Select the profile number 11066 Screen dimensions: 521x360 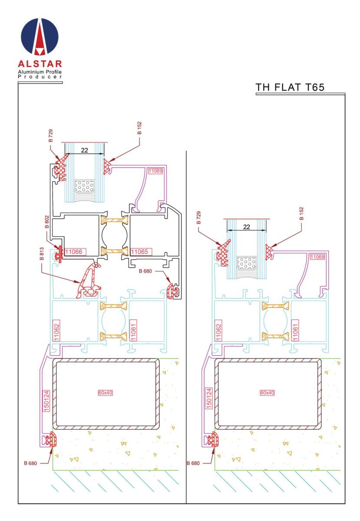[x=75, y=251]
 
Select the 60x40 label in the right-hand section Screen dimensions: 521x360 [x=268, y=393]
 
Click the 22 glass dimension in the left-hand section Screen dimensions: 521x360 [x=85, y=150]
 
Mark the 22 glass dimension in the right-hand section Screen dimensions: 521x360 [x=246, y=227]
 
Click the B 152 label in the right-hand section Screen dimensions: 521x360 [x=302, y=214]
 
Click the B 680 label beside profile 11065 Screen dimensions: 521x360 [x=146, y=271]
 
